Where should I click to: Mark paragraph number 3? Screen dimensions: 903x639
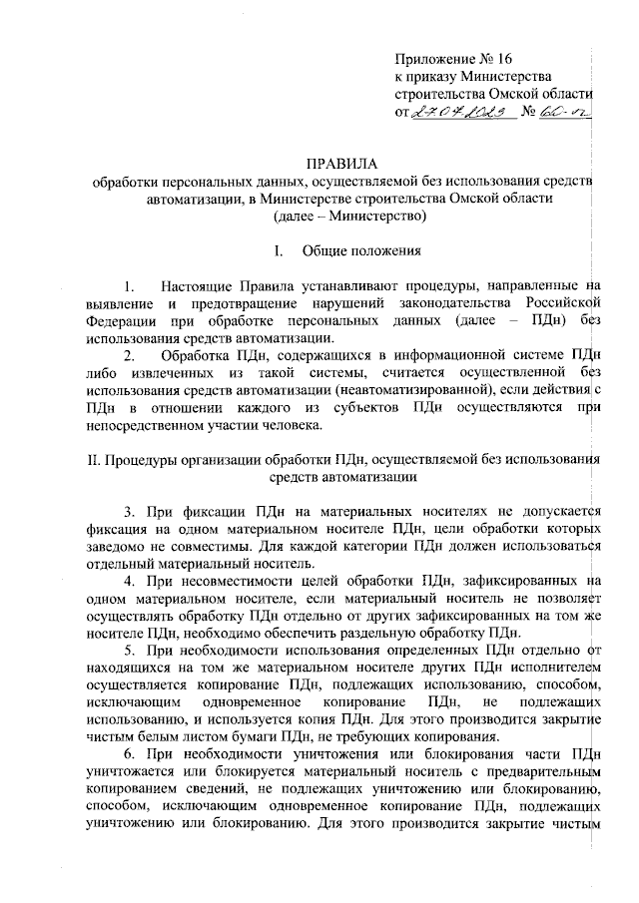(x=127, y=512)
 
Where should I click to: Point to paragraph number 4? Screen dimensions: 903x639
(x=127, y=581)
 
